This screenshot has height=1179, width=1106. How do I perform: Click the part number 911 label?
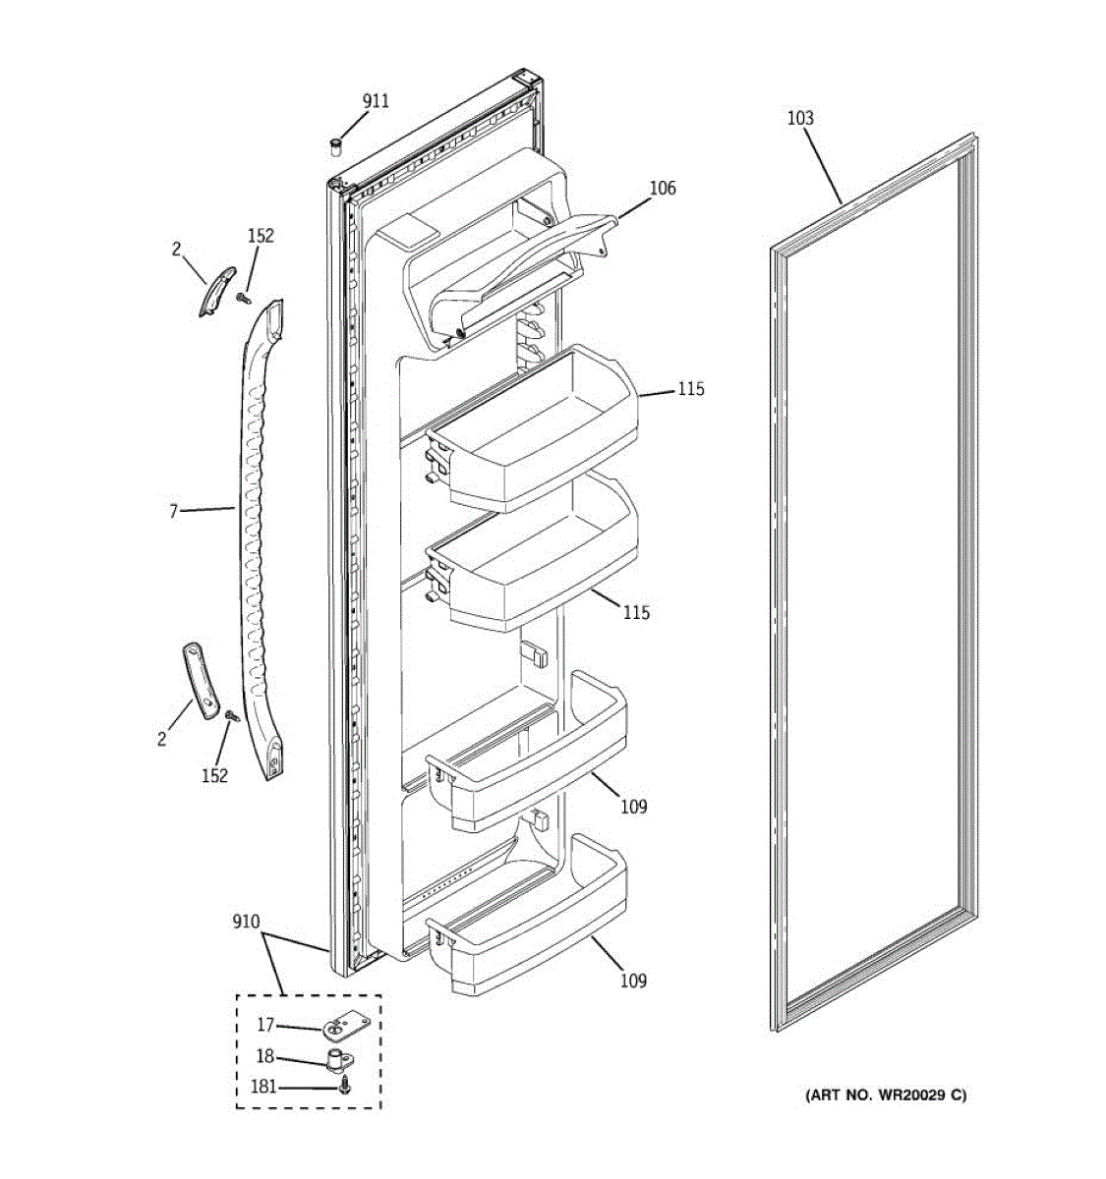(376, 101)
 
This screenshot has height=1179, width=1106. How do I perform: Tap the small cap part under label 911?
(335, 146)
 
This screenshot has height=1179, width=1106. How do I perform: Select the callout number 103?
(800, 119)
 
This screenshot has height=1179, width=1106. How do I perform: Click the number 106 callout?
(663, 188)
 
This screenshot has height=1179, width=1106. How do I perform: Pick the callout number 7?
(174, 511)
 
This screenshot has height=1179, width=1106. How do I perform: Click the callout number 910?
(246, 922)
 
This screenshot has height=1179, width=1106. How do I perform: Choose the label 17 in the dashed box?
(265, 1025)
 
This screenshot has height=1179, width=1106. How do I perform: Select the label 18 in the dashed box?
(265, 1056)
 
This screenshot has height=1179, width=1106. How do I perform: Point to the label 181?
(263, 1088)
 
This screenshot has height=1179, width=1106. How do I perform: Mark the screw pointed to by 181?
(344, 1088)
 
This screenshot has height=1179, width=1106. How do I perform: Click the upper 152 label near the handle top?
(261, 236)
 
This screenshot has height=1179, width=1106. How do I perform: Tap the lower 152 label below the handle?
(214, 775)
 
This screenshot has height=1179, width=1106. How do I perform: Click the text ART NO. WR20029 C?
(886, 1095)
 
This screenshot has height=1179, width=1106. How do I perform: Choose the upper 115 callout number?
(690, 389)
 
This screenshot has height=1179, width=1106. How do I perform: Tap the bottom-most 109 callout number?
(633, 981)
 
